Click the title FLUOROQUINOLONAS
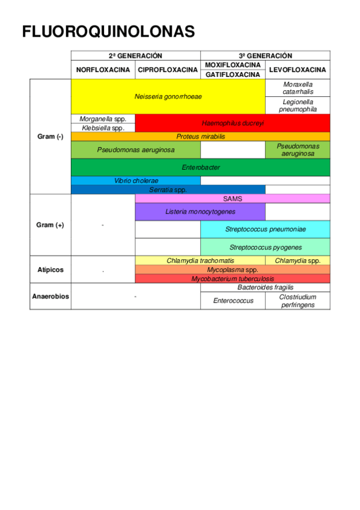click(109, 31)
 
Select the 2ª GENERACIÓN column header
click(135, 55)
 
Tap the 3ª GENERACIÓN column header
click(265, 55)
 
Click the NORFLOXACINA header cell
click(103, 70)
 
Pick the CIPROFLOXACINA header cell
click(168, 70)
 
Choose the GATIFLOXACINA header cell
click(233, 75)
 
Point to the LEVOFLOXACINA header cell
click(297, 70)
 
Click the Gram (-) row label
click(50, 137)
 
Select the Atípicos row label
click(50, 269)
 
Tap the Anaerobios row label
click(50, 296)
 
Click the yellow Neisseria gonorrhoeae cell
click(168, 96)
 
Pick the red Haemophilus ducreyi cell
click(233, 123)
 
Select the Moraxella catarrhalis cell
click(297, 88)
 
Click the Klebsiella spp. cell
click(103, 128)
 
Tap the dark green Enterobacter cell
click(200, 167)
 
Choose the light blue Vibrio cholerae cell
click(136, 180)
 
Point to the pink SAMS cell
click(233, 198)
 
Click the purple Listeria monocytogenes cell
click(200, 212)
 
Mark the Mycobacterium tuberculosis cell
click(233, 278)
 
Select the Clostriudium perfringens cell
click(297, 301)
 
